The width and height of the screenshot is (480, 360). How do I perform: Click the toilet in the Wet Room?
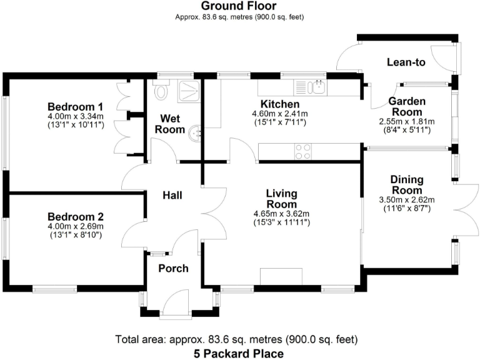coord(161,91)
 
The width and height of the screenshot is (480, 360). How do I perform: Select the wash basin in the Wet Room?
coord(196,132)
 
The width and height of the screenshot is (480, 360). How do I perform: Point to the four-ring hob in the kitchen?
coord(303,151)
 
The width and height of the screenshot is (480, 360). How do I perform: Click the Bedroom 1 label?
coord(76,106)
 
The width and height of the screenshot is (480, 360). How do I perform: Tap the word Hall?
coord(172,196)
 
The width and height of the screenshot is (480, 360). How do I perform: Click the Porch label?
coord(173,268)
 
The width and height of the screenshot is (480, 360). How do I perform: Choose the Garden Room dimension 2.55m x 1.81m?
coord(407,121)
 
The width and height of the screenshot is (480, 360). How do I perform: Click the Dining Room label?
coord(407,184)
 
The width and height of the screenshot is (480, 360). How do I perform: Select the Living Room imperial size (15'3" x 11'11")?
coord(282,222)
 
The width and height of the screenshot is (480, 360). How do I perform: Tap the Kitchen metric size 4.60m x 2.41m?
coord(281,114)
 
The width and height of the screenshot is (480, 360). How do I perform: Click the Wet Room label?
coord(172,124)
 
